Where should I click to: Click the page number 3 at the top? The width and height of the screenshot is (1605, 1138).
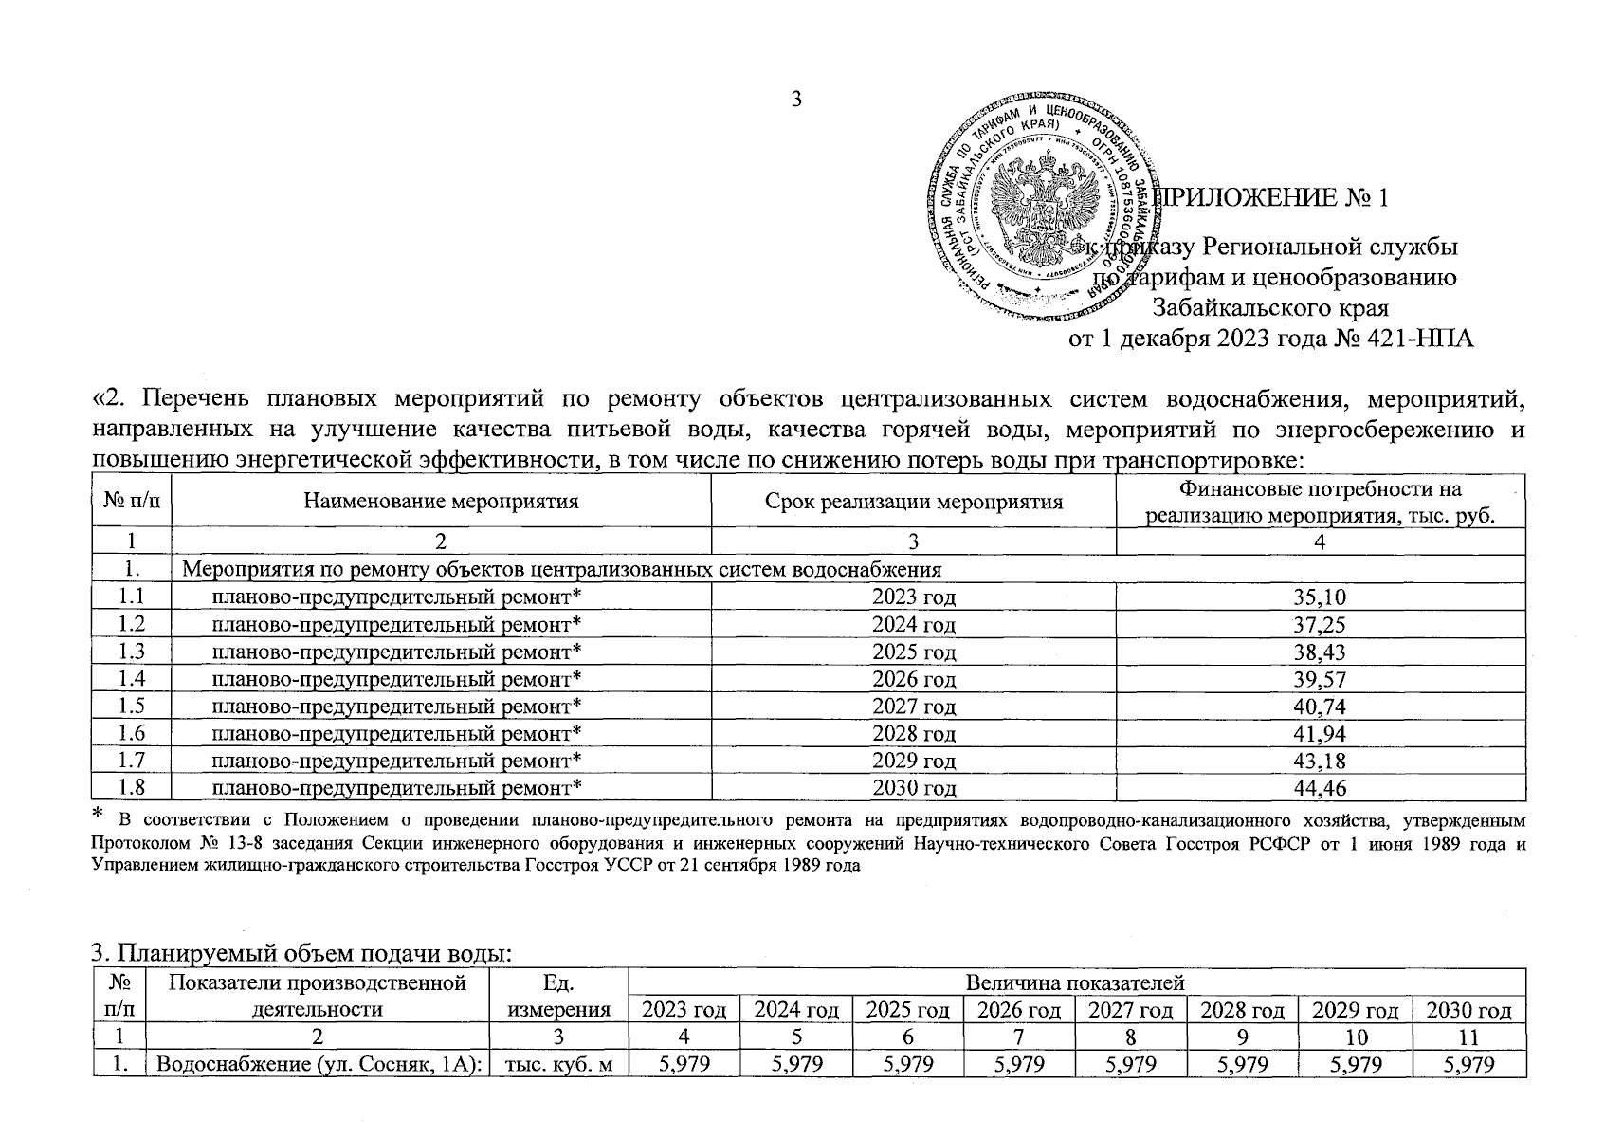click(x=796, y=99)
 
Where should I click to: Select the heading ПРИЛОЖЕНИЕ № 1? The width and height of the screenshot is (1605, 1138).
click(x=1274, y=199)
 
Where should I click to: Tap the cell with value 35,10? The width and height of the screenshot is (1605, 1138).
click(x=1320, y=597)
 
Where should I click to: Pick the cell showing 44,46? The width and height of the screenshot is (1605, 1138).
click(x=1320, y=788)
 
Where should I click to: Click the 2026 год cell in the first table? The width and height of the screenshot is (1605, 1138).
click(x=913, y=679)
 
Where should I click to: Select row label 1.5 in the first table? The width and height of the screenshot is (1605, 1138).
click(x=131, y=707)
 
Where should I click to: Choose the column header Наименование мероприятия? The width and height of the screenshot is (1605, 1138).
click(x=441, y=502)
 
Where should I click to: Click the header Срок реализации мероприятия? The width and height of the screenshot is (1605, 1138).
click(x=913, y=502)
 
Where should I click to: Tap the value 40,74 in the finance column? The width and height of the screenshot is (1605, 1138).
click(x=1320, y=707)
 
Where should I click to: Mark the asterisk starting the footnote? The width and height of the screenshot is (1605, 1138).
click(x=97, y=815)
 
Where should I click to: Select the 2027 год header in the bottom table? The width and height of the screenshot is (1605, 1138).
click(x=1130, y=1010)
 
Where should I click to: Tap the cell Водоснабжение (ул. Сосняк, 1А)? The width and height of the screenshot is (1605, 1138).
click(x=319, y=1065)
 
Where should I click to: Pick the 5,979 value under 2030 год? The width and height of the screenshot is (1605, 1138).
click(x=1468, y=1065)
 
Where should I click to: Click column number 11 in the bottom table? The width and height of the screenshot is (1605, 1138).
click(x=1468, y=1037)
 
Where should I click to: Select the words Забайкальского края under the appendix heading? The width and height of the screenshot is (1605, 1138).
click(x=1270, y=308)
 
